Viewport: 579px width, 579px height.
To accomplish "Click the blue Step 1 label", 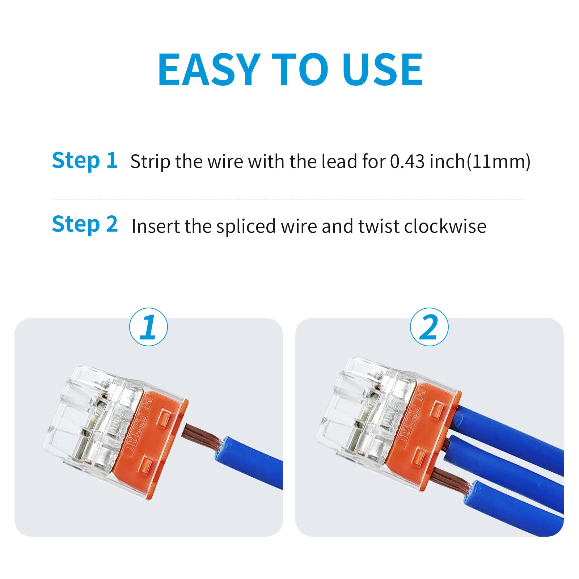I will pos(85,160).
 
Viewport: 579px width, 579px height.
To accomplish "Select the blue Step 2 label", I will pos(85,224).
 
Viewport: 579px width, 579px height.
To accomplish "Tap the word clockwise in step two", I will pos(445,227).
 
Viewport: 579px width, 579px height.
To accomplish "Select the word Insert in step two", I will pos(156,227).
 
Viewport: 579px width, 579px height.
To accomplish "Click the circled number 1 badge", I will pos(148,327).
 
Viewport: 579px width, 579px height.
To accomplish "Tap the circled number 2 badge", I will pos(429,327).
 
